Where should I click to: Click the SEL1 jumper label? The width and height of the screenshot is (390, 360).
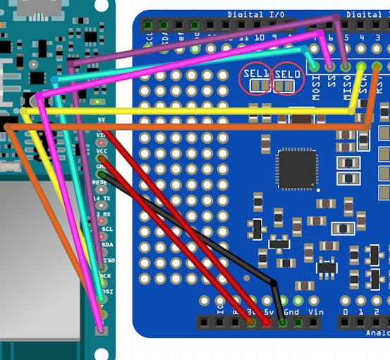[x=255, y=73]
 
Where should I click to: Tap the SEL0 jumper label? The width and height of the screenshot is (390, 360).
[x=286, y=73]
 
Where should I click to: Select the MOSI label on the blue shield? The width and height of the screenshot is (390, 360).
[x=315, y=87]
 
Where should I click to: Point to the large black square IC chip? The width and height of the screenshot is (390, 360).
[x=296, y=169]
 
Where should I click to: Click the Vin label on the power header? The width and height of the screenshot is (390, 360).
[x=315, y=311]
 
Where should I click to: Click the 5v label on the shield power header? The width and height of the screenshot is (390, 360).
[x=267, y=311]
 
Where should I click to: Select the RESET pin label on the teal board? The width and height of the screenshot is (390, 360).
[x=101, y=182]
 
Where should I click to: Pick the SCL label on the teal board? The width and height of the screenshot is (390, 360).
[x=106, y=229]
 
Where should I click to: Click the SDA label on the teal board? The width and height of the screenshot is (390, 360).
[x=106, y=244]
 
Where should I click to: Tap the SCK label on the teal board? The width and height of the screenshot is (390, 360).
[x=105, y=276]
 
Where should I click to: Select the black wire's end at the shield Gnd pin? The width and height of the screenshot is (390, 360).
[x=282, y=323]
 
